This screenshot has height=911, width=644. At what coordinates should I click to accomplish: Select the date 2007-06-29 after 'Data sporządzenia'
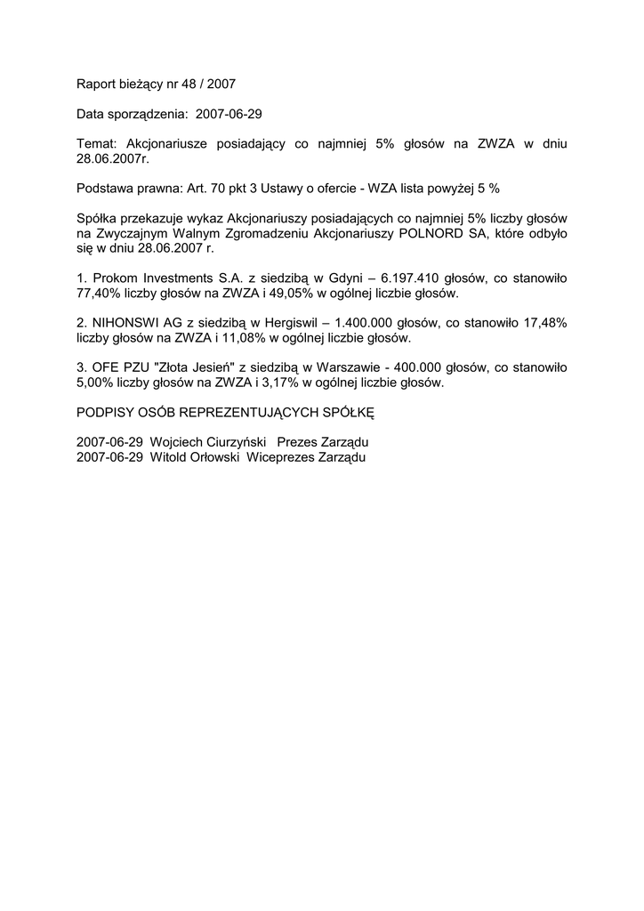[x=228, y=115]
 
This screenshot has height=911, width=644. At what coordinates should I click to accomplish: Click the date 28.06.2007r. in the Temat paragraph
[x=111, y=158]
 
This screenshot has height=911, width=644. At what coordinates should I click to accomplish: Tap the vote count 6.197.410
[x=390, y=278]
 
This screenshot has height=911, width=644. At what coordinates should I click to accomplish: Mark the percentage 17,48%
[x=544, y=323]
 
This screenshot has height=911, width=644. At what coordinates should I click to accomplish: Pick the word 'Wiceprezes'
[x=277, y=457]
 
